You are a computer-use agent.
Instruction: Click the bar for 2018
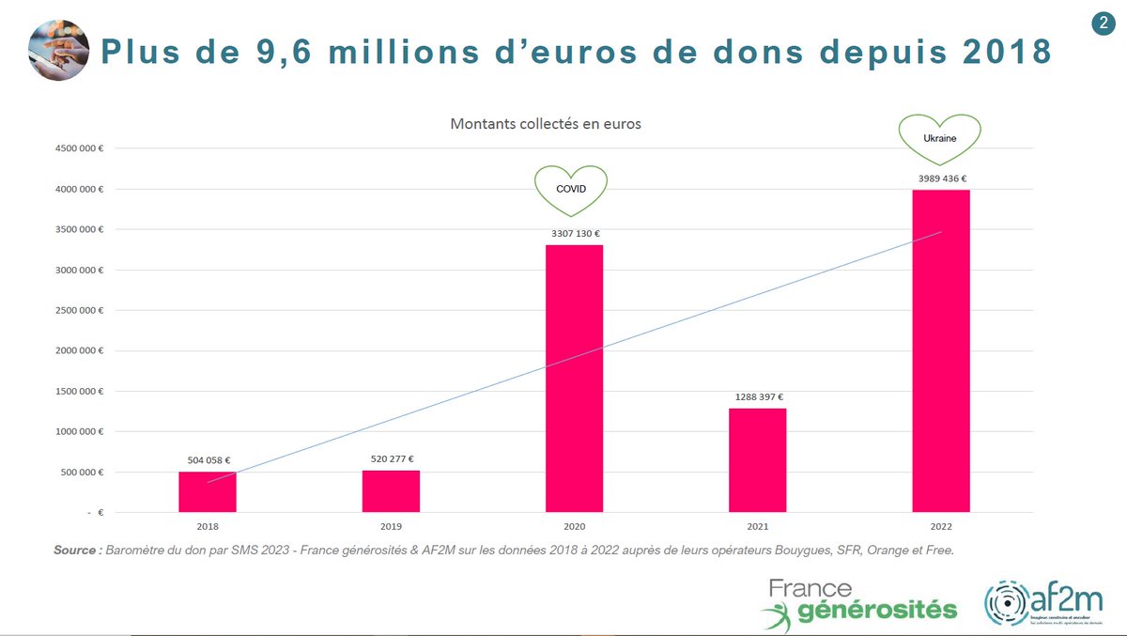click(x=208, y=492)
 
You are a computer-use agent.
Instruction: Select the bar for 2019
click(x=391, y=491)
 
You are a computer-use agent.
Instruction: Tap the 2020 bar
click(x=574, y=379)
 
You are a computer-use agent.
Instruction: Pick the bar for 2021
click(x=757, y=460)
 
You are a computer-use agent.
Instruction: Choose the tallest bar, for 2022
click(x=940, y=351)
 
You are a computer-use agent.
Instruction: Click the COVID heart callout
click(x=571, y=189)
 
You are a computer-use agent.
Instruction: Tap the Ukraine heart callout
click(x=939, y=136)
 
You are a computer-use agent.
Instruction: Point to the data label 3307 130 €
click(x=575, y=233)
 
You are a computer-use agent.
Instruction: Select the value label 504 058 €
click(x=208, y=460)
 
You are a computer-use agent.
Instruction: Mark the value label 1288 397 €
click(x=757, y=396)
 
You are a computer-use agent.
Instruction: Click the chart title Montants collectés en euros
click(x=546, y=124)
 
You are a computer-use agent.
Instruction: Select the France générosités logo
click(x=857, y=601)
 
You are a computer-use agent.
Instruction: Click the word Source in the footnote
click(x=76, y=550)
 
